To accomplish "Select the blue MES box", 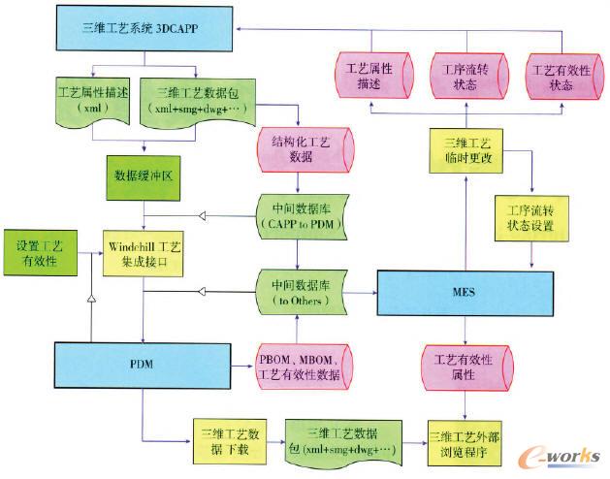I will point(463,292).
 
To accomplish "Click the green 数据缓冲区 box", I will point(144,177).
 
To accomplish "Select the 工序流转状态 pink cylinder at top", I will point(462,79).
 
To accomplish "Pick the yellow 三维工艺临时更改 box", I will point(463,150).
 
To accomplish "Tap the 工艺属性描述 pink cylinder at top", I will point(366,79).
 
